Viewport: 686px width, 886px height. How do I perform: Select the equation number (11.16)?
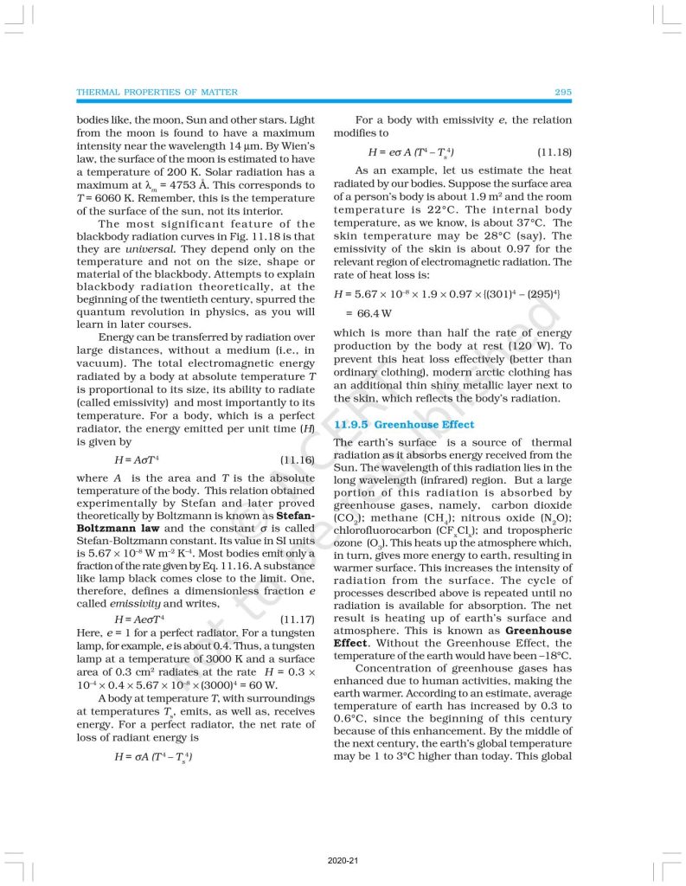point(298,460)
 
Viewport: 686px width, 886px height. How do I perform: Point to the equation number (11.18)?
point(555,152)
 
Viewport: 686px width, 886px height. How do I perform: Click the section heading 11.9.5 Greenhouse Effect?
point(404,425)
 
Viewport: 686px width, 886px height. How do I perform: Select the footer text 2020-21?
point(343,862)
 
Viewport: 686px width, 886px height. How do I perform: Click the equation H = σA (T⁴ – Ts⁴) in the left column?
point(153,756)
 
